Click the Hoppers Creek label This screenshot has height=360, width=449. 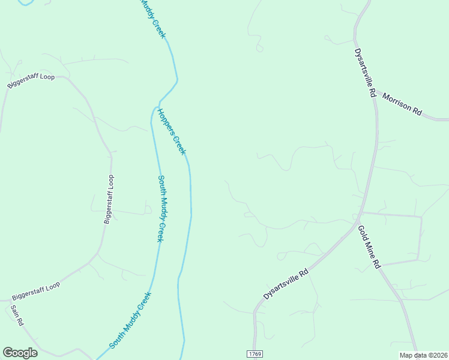pyautogui.click(x=172, y=131)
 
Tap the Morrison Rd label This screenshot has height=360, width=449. pyautogui.click(x=402, y=104)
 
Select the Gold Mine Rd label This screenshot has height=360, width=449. pyautogui.click(x=369, y=247)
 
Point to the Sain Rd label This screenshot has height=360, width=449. pyautogui.click(x=17, y=315)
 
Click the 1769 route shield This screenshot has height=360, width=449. pyautogui.click(x=255, y=353)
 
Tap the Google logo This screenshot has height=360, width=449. pyautogui.click(x=20, y=353)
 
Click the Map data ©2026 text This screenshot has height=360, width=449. pyautogui.click(x=424, y=355)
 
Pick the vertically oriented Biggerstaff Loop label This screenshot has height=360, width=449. pyautogui.click(x=108, y=199)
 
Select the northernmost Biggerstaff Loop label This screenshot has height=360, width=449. pyautogui.click(x=31, y=82)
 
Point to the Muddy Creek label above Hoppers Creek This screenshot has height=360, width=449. pyautogui.click(x=152, y=19)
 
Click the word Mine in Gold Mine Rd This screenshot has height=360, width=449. pyautogui.click(x=369, y=247)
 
